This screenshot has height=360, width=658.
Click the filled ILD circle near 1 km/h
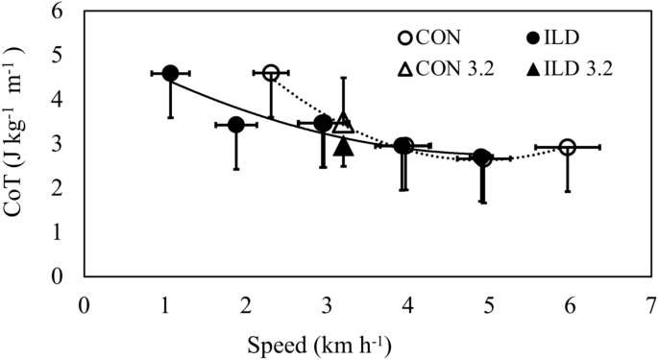[170, 73]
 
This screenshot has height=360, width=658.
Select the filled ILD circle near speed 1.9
[235, 125]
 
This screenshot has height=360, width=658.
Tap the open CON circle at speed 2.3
[271, 73]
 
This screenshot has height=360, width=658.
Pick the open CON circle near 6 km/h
[567, 147]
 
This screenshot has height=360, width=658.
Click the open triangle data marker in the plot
[344, 124]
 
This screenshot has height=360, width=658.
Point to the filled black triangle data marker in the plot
[344, 147]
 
